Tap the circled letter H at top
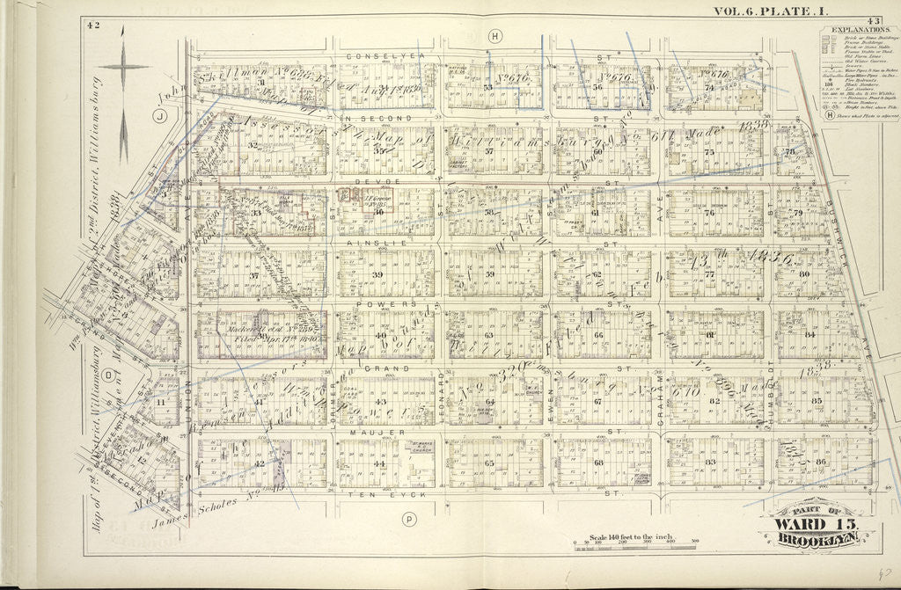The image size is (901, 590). [495, 36]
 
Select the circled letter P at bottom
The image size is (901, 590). [409, 520]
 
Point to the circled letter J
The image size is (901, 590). [161, 114]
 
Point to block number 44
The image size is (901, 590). [380, 463]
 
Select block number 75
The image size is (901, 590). [708, 152]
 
